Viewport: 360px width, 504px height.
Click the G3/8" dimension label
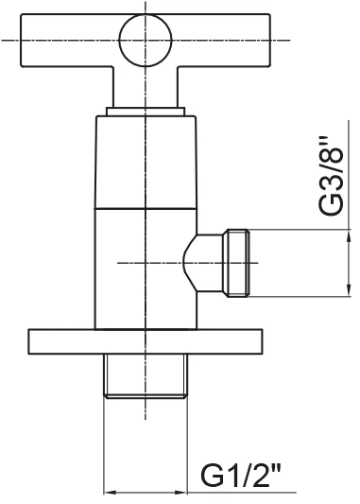click(331, 175)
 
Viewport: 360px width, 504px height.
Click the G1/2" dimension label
click(241, 476)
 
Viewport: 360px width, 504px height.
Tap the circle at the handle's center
click(146, 40)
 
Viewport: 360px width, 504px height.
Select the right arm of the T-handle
click(221, 40)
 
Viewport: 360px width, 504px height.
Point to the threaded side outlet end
click(238, 263)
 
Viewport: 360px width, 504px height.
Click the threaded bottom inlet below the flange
click(146, 375)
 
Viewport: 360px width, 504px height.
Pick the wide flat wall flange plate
click(146, 341)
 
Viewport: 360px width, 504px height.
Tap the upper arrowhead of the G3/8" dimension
click(349, 238)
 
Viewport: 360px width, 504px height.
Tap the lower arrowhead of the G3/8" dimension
click(349, 287)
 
